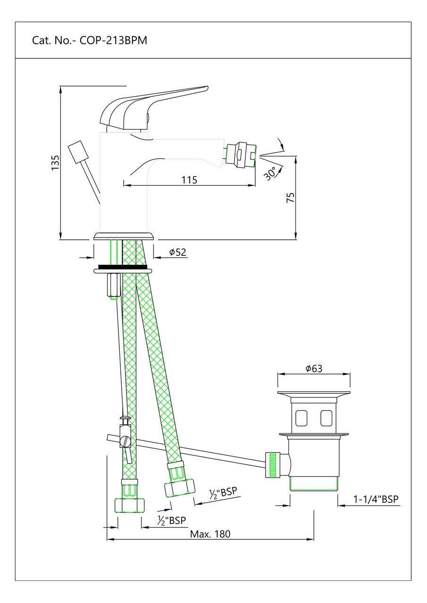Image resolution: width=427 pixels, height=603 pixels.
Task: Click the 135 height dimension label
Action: click(56, 163)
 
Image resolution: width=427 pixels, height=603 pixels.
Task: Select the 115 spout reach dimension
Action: click(188, 179)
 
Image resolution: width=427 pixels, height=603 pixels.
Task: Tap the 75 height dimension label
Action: click(291, 197)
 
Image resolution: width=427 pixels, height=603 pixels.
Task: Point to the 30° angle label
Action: click(270, 173)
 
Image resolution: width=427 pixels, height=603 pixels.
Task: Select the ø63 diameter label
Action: click(314, 369)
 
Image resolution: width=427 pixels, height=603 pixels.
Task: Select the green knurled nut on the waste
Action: click(272, 464)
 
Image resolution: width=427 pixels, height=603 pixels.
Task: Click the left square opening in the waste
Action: click(301, 417)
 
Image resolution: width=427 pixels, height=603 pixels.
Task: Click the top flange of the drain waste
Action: click(314, 394)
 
